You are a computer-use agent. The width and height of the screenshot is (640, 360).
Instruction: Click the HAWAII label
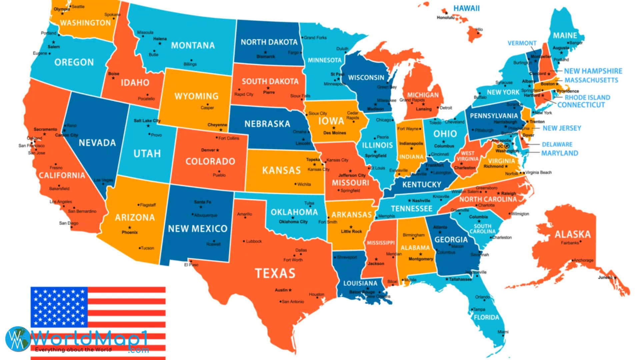tap(466, 8)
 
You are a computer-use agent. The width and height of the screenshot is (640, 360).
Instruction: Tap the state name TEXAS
tap(275, 273)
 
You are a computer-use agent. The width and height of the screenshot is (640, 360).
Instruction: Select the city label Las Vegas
tap(103, 180)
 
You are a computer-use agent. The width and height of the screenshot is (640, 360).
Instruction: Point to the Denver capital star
tap(218, 150)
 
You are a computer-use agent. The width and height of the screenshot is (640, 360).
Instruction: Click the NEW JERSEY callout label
tap(562, 128)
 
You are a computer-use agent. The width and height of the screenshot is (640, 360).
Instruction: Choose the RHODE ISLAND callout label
tap(587, 97)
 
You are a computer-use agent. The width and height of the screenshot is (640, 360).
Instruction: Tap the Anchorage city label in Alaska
tap(583, 260)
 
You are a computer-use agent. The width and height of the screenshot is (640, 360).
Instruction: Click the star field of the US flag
tap(59, 307)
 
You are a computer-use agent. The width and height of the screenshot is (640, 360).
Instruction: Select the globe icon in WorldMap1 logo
tap(17, 338)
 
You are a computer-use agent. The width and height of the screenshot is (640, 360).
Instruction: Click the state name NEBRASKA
tap(267, 124)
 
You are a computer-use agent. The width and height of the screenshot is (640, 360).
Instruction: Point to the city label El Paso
tap(191, 265)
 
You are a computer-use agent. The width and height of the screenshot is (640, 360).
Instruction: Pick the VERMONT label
tap(522, 43)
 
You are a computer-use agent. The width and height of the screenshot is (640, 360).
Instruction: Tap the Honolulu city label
tap(445, 18)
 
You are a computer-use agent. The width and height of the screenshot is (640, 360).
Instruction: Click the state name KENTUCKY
tap(421, 185)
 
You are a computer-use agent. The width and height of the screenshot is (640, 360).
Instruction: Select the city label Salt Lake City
tap(147, 121)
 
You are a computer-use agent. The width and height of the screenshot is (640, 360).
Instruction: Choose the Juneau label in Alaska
tap(605, 277)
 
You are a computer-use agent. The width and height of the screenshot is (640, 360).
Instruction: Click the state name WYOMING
tap(196, 96)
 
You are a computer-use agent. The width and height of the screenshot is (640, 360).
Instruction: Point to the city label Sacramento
tap(45, 129)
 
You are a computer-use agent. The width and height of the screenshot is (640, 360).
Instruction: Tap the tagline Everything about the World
tap(73, 350)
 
